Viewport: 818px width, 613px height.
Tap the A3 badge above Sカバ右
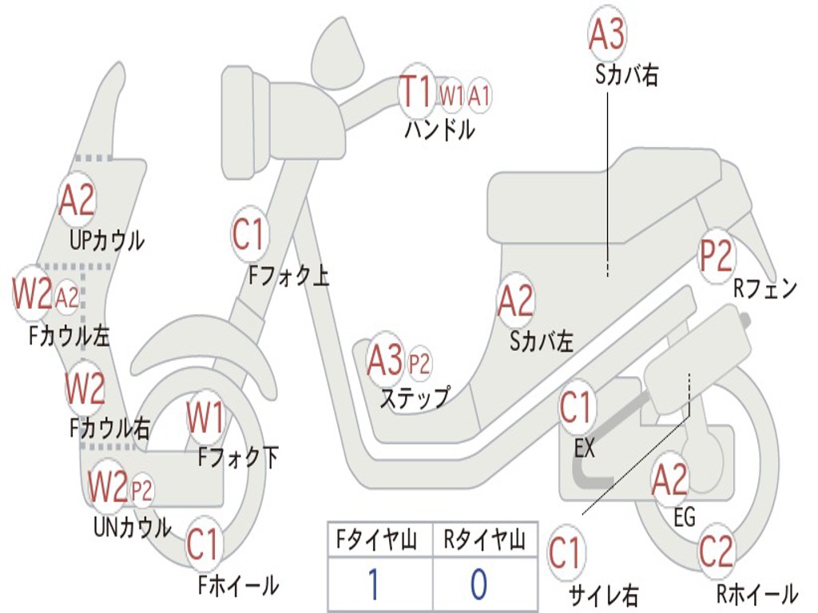click(x=606, y=34)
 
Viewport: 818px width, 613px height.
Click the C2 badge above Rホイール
click(x=716, y=552)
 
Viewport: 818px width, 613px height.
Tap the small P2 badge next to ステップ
click(x=419, y=364)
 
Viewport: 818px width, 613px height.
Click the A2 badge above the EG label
click(x=669, y=480)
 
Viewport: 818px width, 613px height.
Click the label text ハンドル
click(x=439, y=129)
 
